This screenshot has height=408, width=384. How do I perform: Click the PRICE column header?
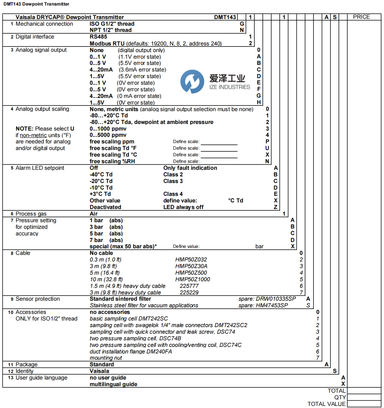pos(361,17)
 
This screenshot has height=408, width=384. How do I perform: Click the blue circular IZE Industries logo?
pos(192,81)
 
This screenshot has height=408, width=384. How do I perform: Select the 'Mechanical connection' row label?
pos(44,24)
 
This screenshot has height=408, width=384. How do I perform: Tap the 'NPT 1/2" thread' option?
pos(111,30)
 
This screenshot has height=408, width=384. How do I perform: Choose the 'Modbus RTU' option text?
pos(107,44)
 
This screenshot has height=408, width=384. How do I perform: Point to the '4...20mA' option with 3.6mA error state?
pos(101,70)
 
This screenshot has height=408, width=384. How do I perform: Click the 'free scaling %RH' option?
pos(112,161)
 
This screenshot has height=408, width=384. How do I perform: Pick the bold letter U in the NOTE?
pos(72,129)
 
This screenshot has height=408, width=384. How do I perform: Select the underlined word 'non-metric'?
pos(33,135)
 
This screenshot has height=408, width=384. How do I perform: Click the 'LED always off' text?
pos(183,207)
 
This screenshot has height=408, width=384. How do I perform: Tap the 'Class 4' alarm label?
pos(173,194)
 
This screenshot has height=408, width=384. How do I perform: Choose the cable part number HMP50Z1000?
pos(193,280)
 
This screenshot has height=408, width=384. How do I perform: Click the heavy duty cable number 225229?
pos(189,293)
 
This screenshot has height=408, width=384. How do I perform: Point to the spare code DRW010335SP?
pos(276,299)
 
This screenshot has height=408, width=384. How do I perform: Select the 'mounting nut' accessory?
pos(106,358)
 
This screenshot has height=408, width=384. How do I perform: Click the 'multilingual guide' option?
pos(113,384)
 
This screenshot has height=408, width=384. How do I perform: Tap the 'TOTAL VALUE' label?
pos(326,404)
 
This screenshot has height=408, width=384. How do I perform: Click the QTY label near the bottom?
pos(340,398)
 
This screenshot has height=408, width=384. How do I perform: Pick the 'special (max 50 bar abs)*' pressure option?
pos(123,247)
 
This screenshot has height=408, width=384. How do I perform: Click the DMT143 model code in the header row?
pos(225,17)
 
